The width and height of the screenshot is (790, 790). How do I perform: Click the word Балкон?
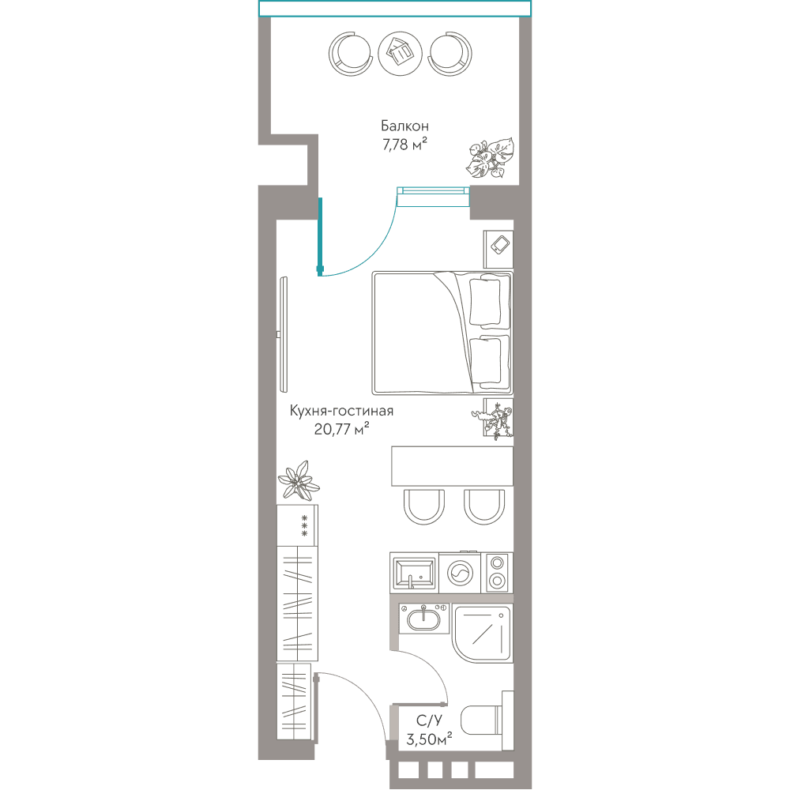pyautogui.click(x=404, y=126)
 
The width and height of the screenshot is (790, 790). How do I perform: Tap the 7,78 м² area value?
pyautogui.click(x=404, y=145)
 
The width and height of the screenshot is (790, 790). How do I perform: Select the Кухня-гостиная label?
pyautogui.click(x=341, y=411)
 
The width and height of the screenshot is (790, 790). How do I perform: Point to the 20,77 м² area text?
pyautogui.click(x=341, y=429)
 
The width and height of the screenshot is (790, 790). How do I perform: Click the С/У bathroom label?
pyautogui.click(x=429, y=720)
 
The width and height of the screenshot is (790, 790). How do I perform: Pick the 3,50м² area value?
pyautogui.click(x=429, y=739)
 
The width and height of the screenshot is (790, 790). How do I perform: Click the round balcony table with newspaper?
pyautogui.click(x=400, y=54)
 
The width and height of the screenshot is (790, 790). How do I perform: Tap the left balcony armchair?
pyautogui.click(x=351, y=54)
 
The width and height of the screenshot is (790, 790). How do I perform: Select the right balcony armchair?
pyautogui.click(x=450, y=54)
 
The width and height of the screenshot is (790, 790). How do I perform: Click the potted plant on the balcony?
pyautogui.click(x=490, y=158)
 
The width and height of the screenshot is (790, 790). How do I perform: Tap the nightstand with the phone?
pyautogui.click(x=498, y=250)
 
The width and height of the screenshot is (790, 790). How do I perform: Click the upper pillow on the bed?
pyautogui.click(x=485, y=301)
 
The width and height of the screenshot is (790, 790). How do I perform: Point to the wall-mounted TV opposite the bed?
pyautogui.click(x=284, y=334)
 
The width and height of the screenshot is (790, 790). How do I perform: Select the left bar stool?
pyautogui.click(x=424, y=507)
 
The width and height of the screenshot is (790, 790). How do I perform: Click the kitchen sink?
pyautogui.click(x=415, y=573)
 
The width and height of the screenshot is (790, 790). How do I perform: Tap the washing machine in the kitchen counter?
pyautogui.click(x=460, y=573)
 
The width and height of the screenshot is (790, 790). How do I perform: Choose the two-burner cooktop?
pyautogui.click(x=497, y=573)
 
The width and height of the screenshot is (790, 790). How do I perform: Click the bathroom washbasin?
pyautogui.click(x=423, y=619)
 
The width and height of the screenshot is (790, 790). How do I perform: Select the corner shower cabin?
pyautogui.click(x=482, y=632)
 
